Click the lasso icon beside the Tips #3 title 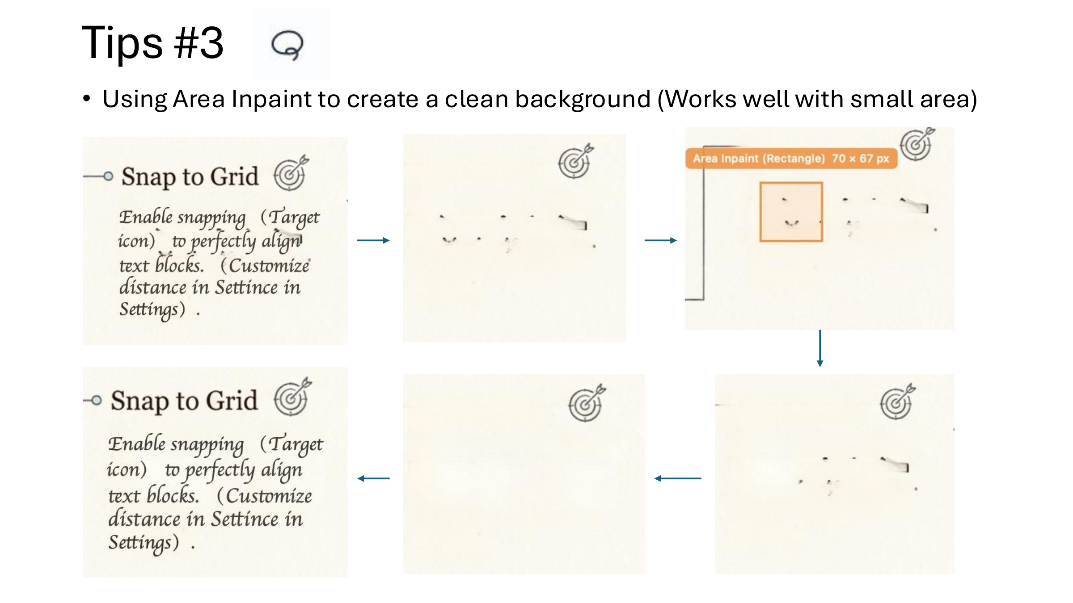click(x=287, y=45)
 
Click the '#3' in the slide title click(x=199, y=43)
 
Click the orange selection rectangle click(x=791, y=212)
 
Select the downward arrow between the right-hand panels click(x=820, y=348)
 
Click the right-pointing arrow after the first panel click(x=373, y=240)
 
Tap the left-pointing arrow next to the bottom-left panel click(x=373, y=478)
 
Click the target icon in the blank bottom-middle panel click(x=586, y=404)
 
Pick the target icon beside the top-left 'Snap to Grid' click(x=291, y=174)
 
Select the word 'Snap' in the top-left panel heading click(x=149, y=177)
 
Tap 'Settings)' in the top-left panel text click(x=152, y=309)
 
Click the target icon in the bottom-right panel click(x=896, y=402)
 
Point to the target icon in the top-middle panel click(x=575, y=162)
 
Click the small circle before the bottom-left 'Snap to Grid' click(x=96, y=400)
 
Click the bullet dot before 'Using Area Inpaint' click(x=87, y=99)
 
